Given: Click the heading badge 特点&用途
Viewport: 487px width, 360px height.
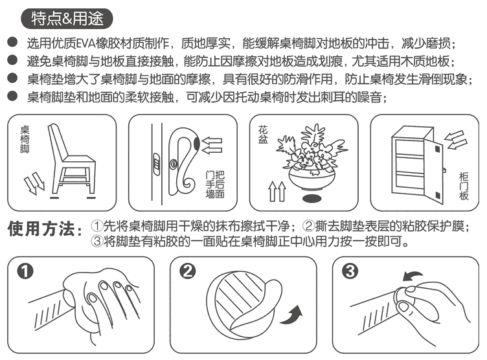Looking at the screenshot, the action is [67, 19].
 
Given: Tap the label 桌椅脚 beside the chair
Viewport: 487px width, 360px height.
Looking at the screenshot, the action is [25, 139].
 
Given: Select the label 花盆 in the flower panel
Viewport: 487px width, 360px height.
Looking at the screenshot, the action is [262, 135].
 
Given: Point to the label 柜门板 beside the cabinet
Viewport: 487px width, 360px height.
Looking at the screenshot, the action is [464, 186].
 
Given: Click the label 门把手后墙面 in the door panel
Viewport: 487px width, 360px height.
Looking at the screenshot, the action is [215, 184].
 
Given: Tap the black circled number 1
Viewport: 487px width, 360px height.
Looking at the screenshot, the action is [25, 271].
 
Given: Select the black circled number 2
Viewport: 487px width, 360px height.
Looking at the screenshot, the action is [188, 271].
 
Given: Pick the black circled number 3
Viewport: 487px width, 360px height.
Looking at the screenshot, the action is [350, 271].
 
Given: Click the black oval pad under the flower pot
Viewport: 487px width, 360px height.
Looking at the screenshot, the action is [312, 199].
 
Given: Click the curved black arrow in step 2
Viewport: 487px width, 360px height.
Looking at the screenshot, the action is [292, 315].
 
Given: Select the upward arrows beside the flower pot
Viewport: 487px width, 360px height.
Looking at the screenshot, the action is [277, 191].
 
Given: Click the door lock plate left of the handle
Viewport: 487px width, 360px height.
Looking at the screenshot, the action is [157, 164].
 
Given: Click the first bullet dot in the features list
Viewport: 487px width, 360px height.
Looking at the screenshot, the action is [12, 42].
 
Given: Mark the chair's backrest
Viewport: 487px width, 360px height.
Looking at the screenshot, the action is [58, 142].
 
